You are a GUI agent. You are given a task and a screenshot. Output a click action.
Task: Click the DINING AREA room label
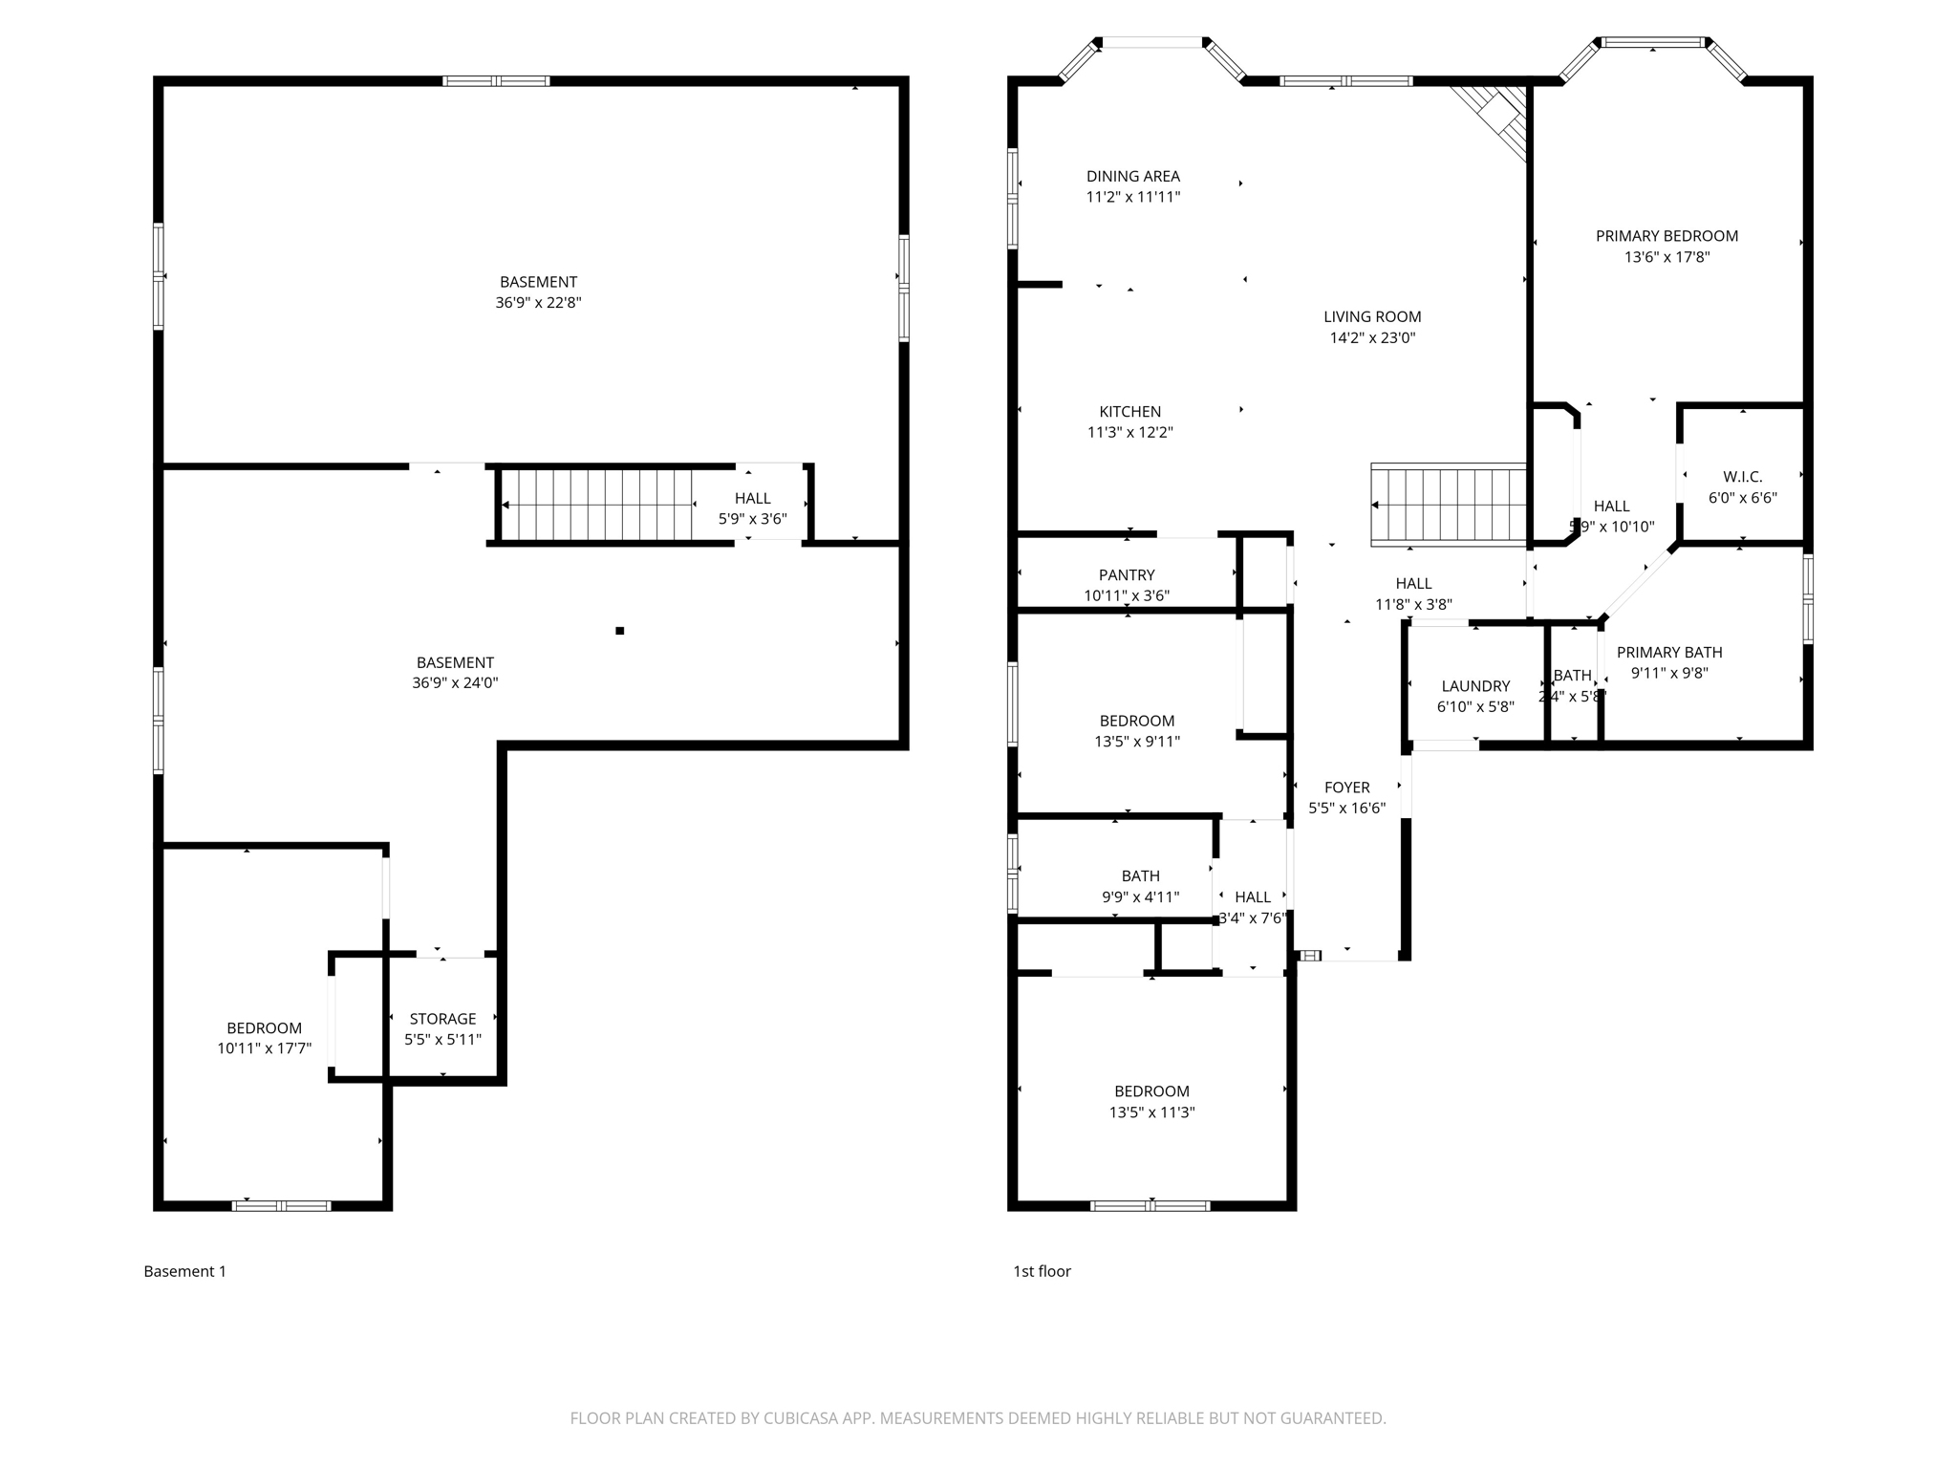(1132, 176)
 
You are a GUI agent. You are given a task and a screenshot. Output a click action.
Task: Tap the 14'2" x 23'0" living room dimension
(1371, 337)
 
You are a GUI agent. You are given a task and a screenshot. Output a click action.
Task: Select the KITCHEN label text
(1129, 411)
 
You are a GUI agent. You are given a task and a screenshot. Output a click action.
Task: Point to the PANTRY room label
(1127, 574)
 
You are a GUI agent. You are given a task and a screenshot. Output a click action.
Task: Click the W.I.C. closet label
(1742, 476)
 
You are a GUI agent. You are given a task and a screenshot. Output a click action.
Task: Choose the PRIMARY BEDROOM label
(1667, 236)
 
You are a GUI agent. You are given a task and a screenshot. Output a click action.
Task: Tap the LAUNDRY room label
(1475, 685)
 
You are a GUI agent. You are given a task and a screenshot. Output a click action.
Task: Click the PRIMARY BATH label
(1668, 652)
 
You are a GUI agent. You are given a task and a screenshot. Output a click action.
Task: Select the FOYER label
(1346, 787)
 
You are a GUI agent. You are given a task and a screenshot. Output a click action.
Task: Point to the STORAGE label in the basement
(442, 1018)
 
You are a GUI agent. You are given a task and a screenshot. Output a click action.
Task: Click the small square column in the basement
(619, 631)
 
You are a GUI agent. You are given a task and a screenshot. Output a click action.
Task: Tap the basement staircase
(598, 504)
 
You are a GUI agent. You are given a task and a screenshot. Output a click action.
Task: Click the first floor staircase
(1449, 505)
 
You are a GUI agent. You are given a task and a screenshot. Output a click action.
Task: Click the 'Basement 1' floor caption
(184, 1271)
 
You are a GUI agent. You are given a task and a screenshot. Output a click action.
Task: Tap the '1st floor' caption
(1042, 1271)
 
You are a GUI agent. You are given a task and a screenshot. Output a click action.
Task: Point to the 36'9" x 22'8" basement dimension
(538, 303)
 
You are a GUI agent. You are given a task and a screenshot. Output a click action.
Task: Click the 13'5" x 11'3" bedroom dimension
(1151, 1112)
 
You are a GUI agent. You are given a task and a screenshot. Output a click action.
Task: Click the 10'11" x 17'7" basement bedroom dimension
(264, 1048)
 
